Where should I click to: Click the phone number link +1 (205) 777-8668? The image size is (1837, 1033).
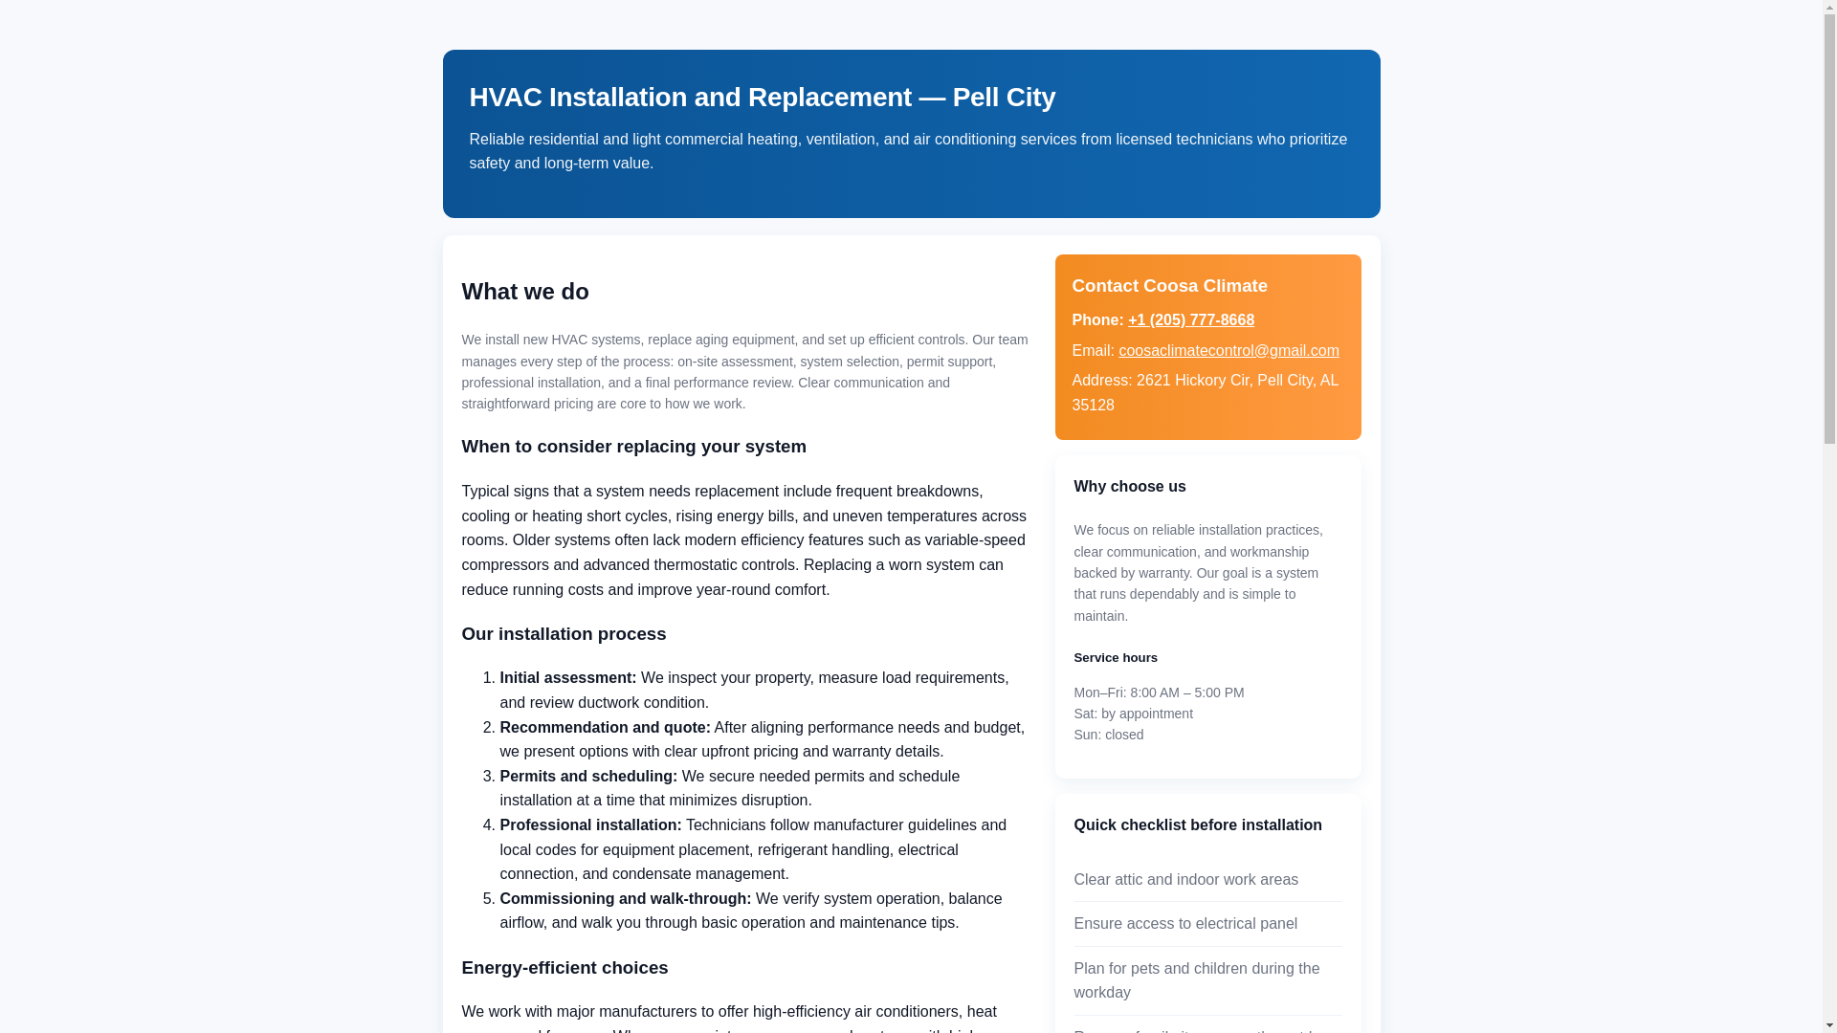coord(1190,320)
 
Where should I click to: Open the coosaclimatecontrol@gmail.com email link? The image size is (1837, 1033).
coord(1228,351)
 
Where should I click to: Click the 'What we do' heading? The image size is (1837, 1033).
coord(524,292)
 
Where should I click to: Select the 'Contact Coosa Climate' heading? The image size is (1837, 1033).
coord(1169,286)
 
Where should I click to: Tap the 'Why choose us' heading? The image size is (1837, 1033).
coord(1129,487)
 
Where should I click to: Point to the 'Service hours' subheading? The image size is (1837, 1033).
coord(1115,658)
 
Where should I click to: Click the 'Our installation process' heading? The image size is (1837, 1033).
coord(563,634)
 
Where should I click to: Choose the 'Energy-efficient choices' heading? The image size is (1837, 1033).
coord(564,968)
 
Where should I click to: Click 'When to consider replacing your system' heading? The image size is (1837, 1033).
coord(633,447)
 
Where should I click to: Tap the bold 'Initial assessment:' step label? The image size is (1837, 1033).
coord(567,678)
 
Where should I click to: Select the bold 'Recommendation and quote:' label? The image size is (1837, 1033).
coord(605,728)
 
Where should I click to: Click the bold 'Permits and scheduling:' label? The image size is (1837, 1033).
coord(587,777)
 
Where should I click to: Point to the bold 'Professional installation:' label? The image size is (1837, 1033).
coord(590,825)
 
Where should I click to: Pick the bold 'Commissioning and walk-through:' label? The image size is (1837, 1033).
coord(625,899)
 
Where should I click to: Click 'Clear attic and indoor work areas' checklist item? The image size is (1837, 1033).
coord(1185,880)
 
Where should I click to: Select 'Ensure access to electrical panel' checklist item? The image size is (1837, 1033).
coord(1184,924)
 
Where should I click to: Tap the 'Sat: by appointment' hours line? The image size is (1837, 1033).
coord(1133,714)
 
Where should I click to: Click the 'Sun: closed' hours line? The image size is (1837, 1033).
coord(1108,735)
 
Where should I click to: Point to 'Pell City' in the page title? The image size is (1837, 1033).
coord(1004,98)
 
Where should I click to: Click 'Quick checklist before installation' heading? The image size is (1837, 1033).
coord(1197,825)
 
